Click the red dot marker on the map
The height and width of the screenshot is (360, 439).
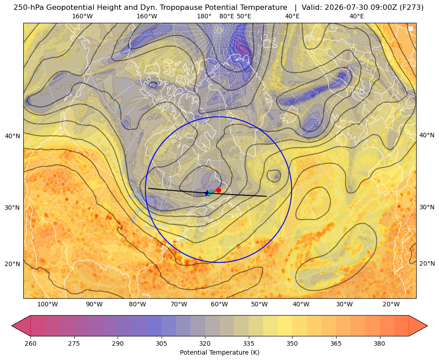(x=219, y=190)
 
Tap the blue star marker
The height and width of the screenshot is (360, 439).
(x=207, y=193)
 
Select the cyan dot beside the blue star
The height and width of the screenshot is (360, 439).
(x=210, y=193)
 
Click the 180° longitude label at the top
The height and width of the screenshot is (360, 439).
(x=204, y=16)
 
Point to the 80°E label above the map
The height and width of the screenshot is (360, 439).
(x=227, y=16)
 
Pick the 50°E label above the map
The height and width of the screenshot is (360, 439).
(x=244, y=16)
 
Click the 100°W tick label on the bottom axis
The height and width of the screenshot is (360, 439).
(x=47, y=304)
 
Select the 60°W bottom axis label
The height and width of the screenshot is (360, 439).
(x=219, y=304)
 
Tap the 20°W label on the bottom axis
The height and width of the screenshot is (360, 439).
(x=391, y=304)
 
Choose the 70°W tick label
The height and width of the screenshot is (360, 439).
(x=179, y=304)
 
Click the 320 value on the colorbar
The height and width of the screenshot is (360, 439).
(x=205, y=343)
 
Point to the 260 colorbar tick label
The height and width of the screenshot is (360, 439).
(x=30, y=343)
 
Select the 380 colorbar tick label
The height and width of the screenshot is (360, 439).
(x=379, y=343)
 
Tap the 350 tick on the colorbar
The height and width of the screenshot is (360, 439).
(x=292, y=343)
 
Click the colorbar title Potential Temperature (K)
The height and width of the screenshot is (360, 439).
(x=219, y=352)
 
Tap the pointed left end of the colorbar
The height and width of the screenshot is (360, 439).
(x=13, y=326)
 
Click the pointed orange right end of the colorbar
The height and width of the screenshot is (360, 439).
(x=427, y=326)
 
